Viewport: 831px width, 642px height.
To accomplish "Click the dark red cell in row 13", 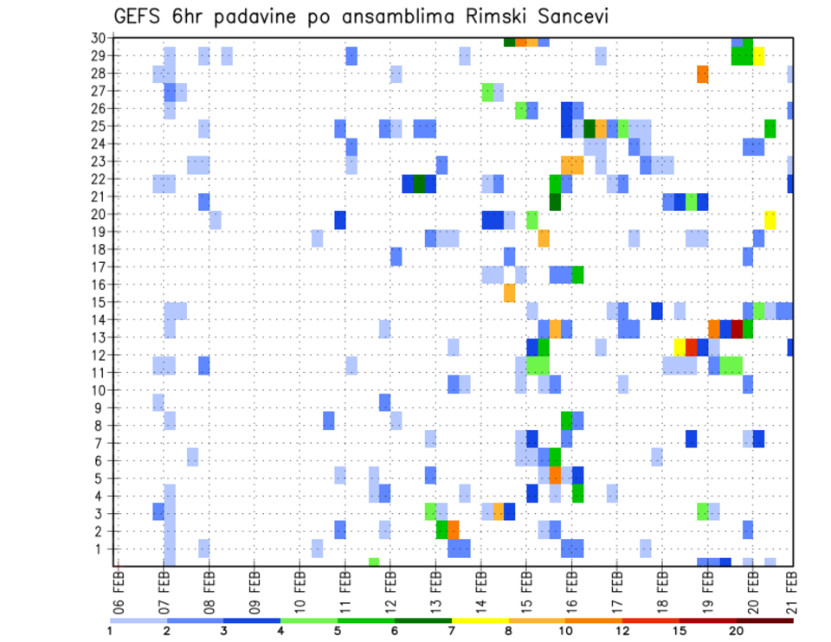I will (x=737, y=329).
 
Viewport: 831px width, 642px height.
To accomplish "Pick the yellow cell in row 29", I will (x=759, y=56).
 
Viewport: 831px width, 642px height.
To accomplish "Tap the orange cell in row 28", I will (x=703, y=74).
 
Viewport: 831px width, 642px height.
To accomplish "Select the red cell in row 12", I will (x=692, y=347).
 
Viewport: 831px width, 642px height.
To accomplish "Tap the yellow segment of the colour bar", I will (x=480, y=620).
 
